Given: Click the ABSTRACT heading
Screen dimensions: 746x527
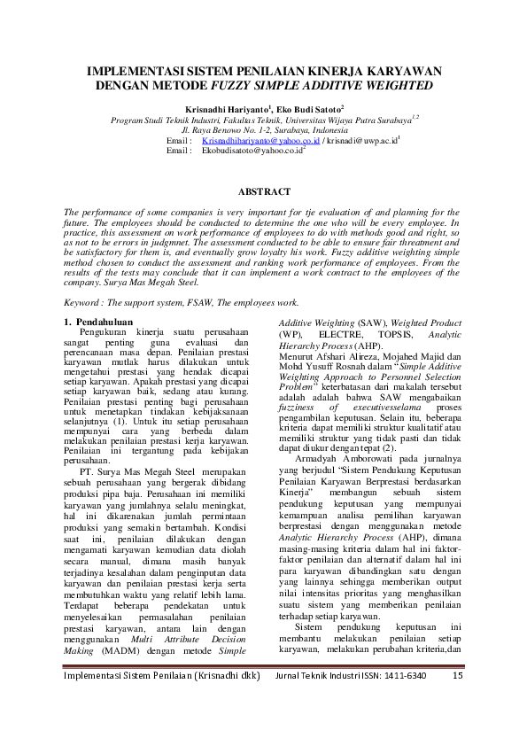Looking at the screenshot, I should pyautogui.click(x=263, y=191).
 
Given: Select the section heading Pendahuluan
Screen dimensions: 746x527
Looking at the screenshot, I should pyautogui.click(x=104, y=322).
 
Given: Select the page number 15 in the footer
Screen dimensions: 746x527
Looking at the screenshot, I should pyautogui.click(x=457, y=700).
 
